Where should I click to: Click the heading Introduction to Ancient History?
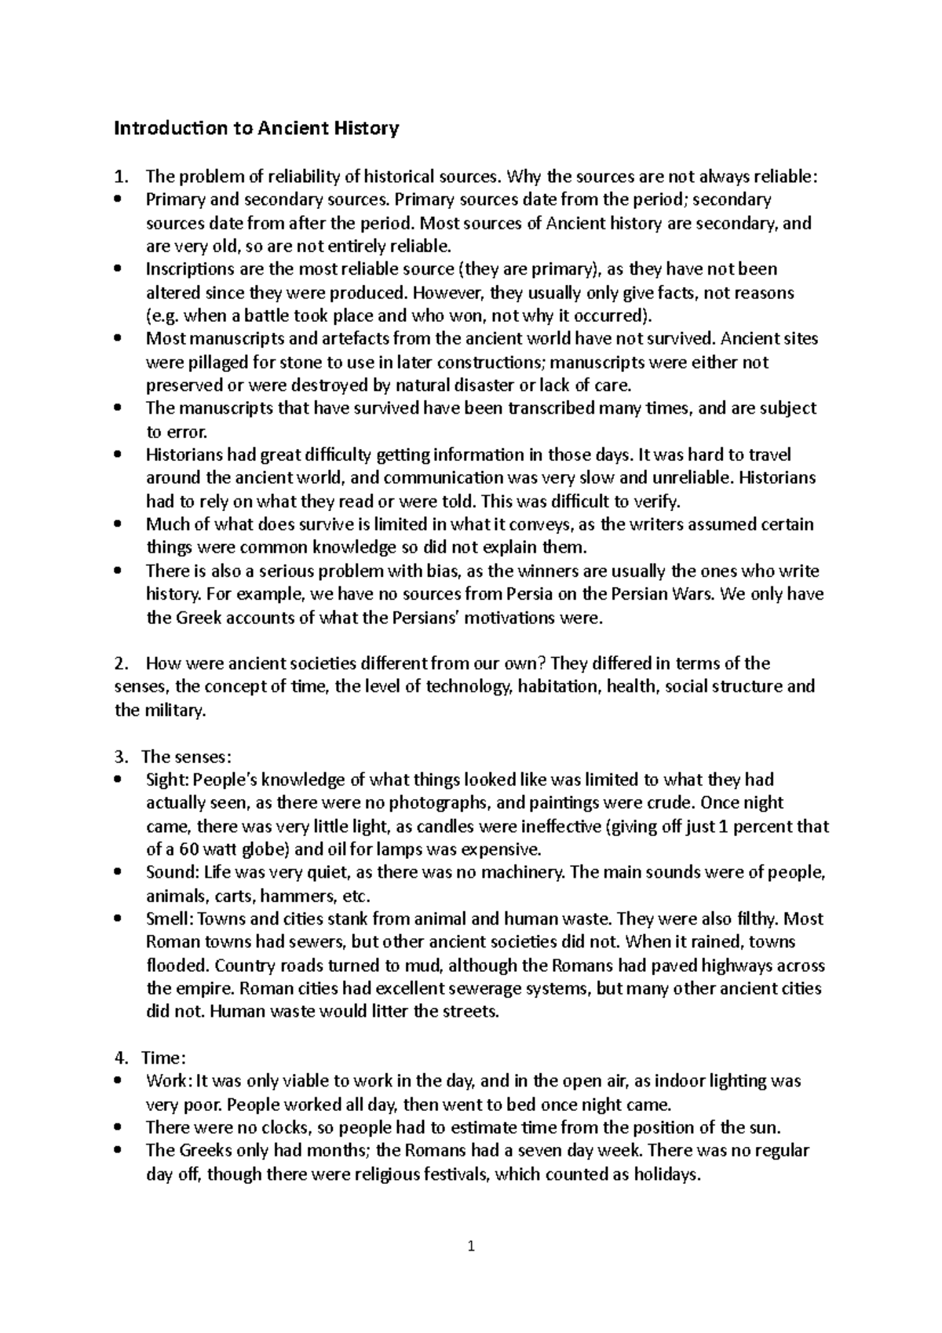pos(257,128)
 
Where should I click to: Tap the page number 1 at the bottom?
pos(471,1246)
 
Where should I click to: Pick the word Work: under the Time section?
pos(168,1081)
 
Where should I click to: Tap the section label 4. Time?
pos(150,1057)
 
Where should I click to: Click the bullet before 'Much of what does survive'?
pos(118,524)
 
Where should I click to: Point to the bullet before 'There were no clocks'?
pos(118,1127)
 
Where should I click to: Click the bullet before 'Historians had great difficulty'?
pos(118,455)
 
